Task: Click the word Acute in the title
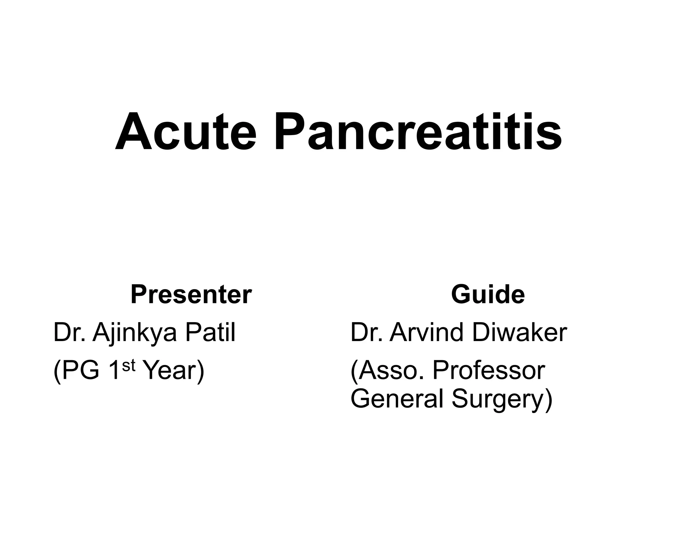pos(186,131)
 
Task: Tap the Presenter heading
pos(191,294)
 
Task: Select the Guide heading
pos(488,294)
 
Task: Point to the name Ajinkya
pos(135,333)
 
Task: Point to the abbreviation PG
pos(81,370)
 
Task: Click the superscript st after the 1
pos(129,365)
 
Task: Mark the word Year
pos(171,370)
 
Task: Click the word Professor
pos(489,370)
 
